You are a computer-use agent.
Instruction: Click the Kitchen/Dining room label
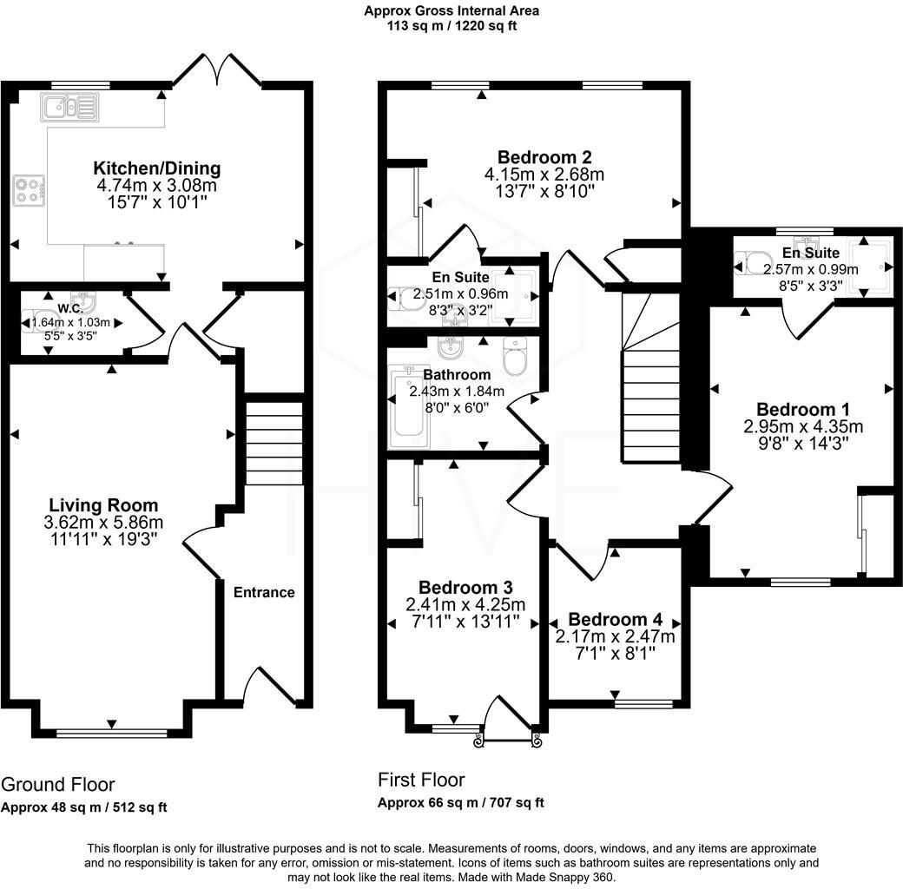tap(157, 168)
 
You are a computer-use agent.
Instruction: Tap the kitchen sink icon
tap(69, 108)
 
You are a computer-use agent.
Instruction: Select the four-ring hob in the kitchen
tap(29, 190)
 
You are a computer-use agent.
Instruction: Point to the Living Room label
tap(103, 505)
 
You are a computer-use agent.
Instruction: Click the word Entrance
tap(264, 592)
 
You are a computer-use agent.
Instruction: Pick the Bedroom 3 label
tap(465, 587)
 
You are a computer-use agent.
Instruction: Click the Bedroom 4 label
tap(615, 619)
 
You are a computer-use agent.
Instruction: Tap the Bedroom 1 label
tap(803, 409)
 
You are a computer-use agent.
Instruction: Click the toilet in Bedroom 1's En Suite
tap(751, 261)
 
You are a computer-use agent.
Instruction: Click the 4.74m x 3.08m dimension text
tap(157, 186)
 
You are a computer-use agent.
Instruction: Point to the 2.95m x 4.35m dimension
tap(803, 426)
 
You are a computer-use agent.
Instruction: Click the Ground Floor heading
tap(57, 785)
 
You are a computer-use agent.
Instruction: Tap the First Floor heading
tap(421, 780)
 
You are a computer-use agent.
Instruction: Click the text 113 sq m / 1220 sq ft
tap(451, 26)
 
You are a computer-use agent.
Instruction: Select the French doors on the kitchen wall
tap(218, 72)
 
